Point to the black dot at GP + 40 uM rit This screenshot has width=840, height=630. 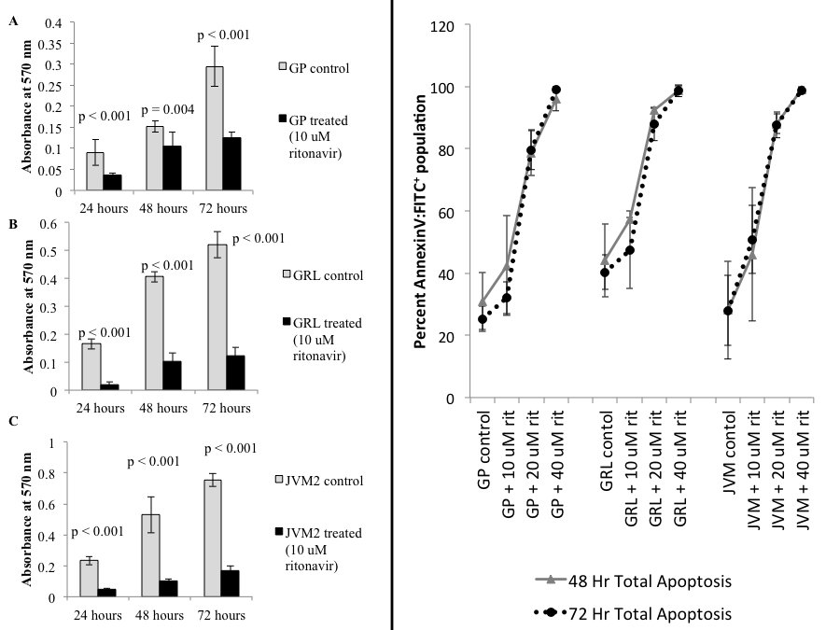pyautogui.click(x=556, y=90)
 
